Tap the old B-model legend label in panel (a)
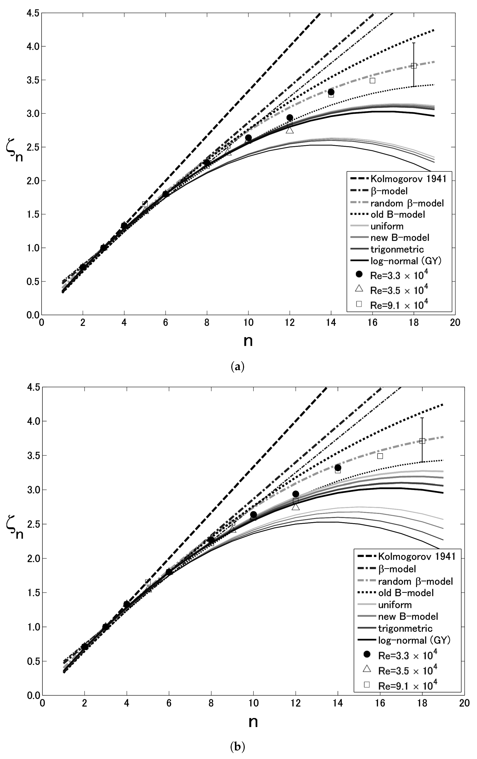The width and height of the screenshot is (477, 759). click(x=398, y=215)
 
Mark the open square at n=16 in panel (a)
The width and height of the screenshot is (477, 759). click(x=373, y=80)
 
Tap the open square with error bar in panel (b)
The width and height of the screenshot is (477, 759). click(x=422, y=441)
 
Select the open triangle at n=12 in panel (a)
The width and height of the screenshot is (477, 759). click(x=290, y=130)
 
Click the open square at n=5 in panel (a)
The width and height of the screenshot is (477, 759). click(x=145, y=204)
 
